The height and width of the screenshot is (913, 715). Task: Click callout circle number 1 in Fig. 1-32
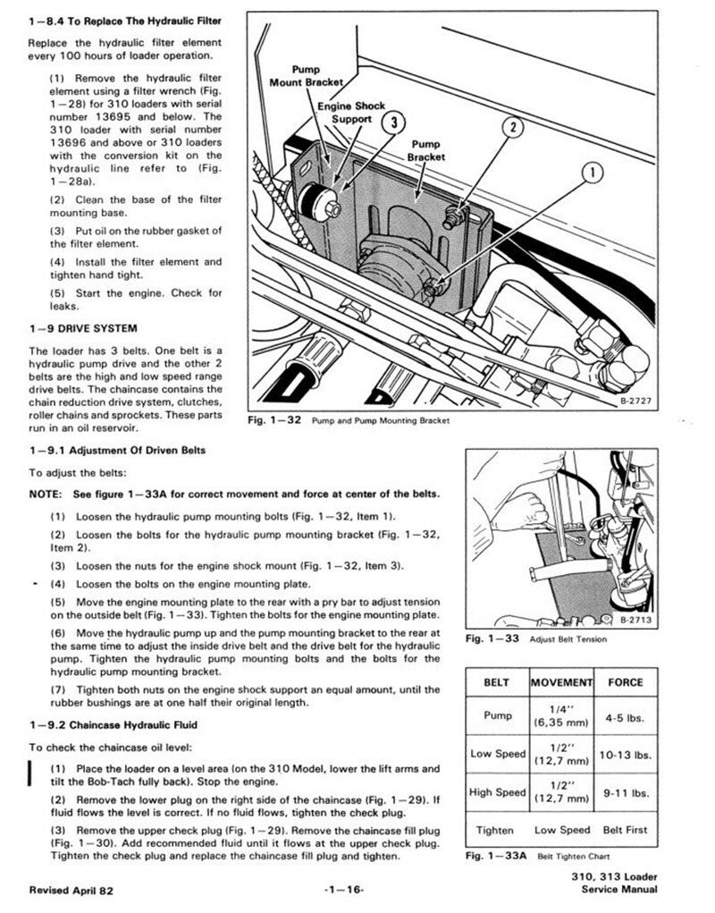tap(593, 172)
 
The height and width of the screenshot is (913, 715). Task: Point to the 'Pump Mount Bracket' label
tap(307, 76)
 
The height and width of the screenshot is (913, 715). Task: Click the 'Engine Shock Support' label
tap(351, 112)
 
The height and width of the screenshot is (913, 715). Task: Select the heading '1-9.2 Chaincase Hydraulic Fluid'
tap(113, 723)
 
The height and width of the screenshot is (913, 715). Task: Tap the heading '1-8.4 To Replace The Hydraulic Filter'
tap(124, 20)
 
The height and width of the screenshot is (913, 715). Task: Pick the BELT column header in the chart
tap(496, 682)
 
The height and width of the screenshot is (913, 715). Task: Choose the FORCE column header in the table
tap(625, 682)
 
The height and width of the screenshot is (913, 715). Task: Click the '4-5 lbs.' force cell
tap(625, 716)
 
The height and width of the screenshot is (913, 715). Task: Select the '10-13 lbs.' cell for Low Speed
tap(625, 755)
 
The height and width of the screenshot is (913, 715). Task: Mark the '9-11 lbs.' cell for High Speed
tap(625, 792)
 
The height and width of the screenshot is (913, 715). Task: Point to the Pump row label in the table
tap(497, 716)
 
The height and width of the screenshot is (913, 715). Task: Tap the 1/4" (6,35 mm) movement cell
tap(561, 716)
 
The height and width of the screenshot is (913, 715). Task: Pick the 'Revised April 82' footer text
tap(71, 891)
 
